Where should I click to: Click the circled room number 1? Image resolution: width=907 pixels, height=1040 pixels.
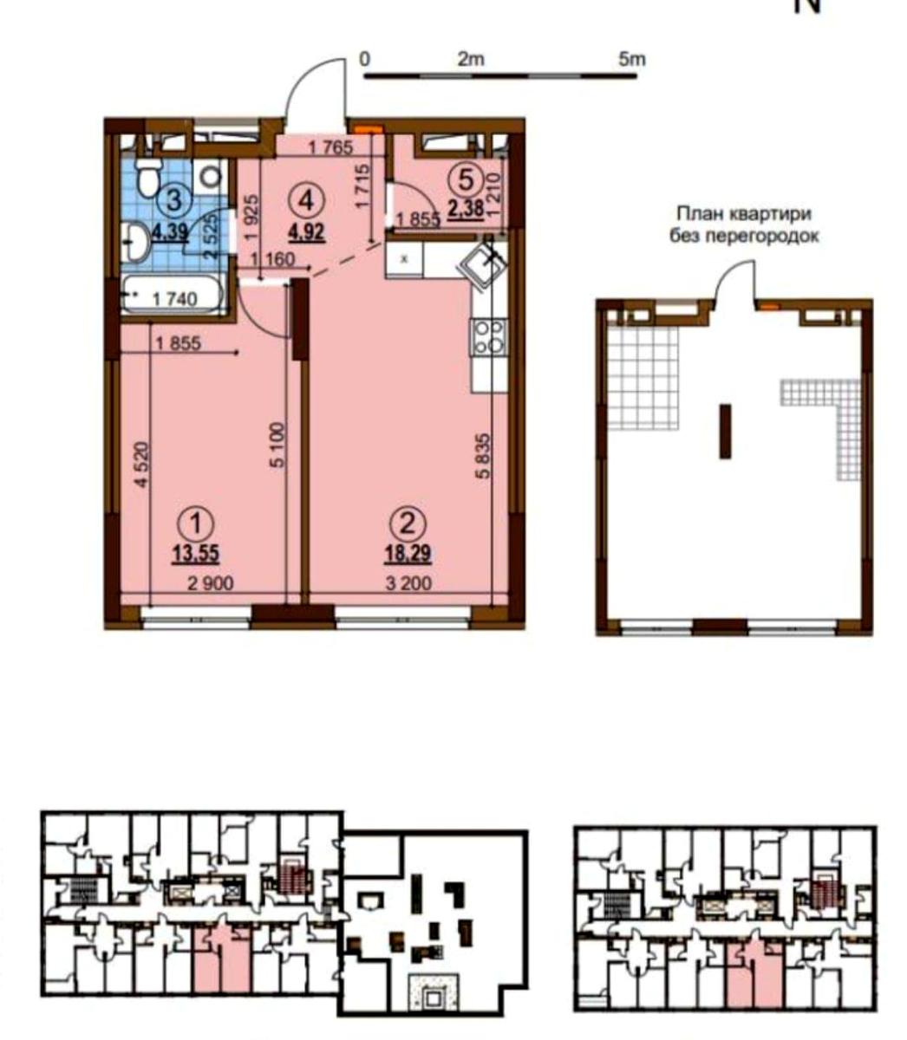pyautogui.click(x=199, y=522)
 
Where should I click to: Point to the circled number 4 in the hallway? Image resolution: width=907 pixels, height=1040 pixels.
pyautogui.click(x=310, y=200)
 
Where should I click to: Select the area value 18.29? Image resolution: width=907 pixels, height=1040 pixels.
pyautogui.click(x=408, y=553)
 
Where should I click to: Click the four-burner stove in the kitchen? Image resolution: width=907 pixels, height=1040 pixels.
pyautogui.click(x=487, y=336)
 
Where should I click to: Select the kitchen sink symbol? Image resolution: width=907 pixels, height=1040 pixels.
pyautogui.click(x=484, y=263)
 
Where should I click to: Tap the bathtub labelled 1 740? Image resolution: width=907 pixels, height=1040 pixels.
pyautogui.click(x=173, y=297)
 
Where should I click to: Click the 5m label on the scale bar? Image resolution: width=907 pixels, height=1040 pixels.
pyautogui.click(x=633, y=59)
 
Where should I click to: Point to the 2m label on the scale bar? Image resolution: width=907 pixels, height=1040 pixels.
pyautogui.click(x=471, y=59)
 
